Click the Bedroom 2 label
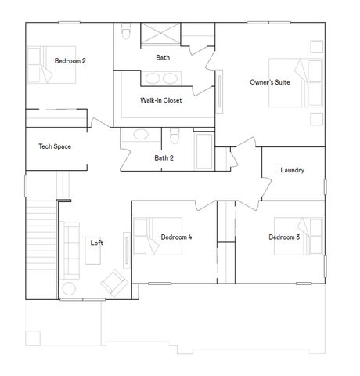(70, 60)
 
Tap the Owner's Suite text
(270, 82)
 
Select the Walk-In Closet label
(163, 100)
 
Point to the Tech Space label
(55, 146)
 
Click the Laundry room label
(292, 170)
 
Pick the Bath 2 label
(164, 158)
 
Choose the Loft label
(96, 243)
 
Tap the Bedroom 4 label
(176, 237)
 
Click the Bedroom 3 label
(284, 237)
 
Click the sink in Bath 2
(142, 135)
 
